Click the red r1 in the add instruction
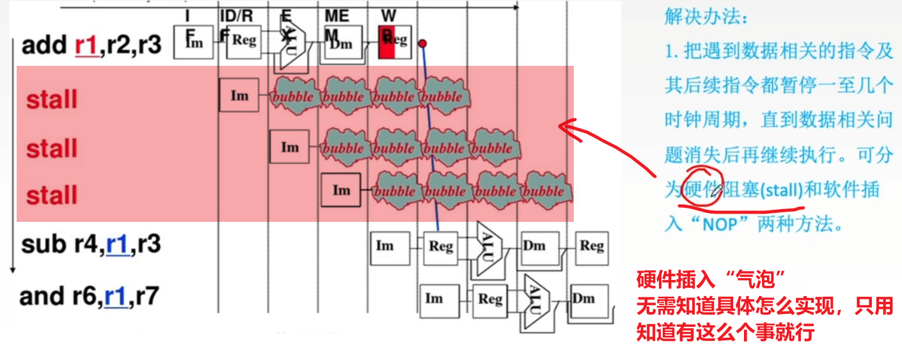[x=85, y=46]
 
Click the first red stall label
[x=52, y=100]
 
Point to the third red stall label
[x=52, y=195]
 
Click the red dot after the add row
[x=422, y=44]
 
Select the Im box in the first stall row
[x=239, y=96]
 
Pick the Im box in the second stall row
[x=290, y=147]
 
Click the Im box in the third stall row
[x=342, y=190]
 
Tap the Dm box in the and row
[x=583, y=298]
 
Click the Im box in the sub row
[x=384, y=246]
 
